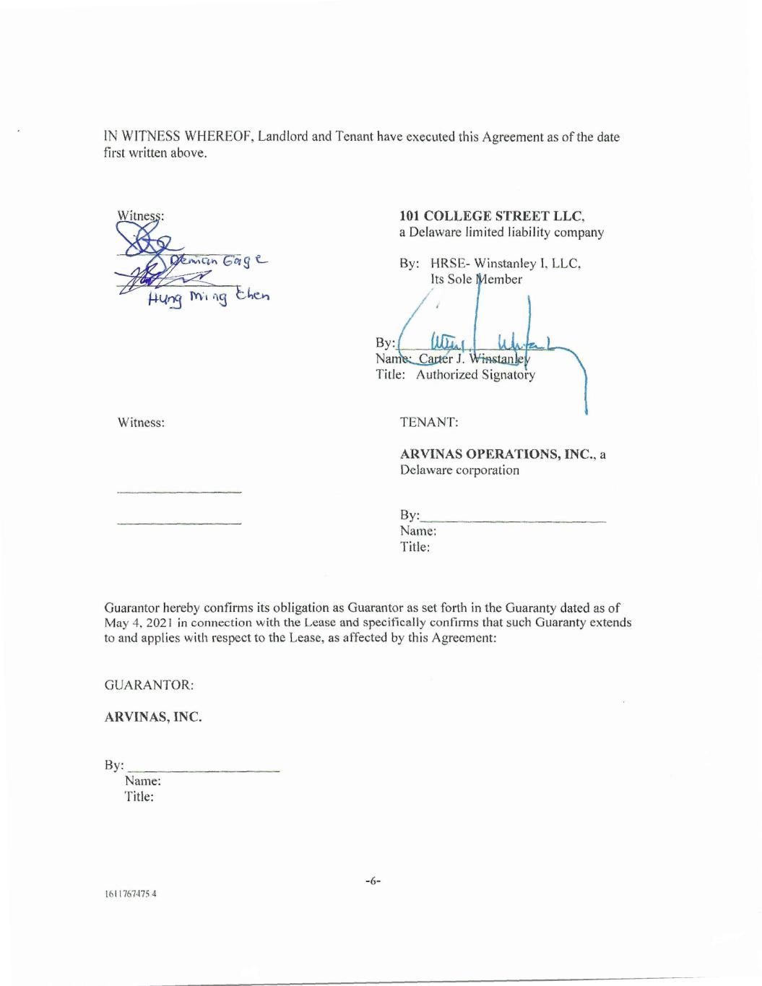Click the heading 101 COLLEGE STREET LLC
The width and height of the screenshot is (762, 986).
point(492,215)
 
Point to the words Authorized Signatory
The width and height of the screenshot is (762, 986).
point(475,374)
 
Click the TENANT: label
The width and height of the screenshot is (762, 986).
point(429,422)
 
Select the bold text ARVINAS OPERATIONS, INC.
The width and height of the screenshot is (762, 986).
point(498,454)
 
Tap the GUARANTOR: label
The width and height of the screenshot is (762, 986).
point(149,684)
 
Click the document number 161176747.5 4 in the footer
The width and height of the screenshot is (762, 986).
point(131,894)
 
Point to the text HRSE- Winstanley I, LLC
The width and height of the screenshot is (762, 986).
point(506,264)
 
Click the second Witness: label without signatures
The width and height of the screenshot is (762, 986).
point(141,422)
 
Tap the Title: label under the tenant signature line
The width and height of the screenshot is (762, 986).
point(415,547)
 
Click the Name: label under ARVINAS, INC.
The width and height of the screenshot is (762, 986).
point(142,781)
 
